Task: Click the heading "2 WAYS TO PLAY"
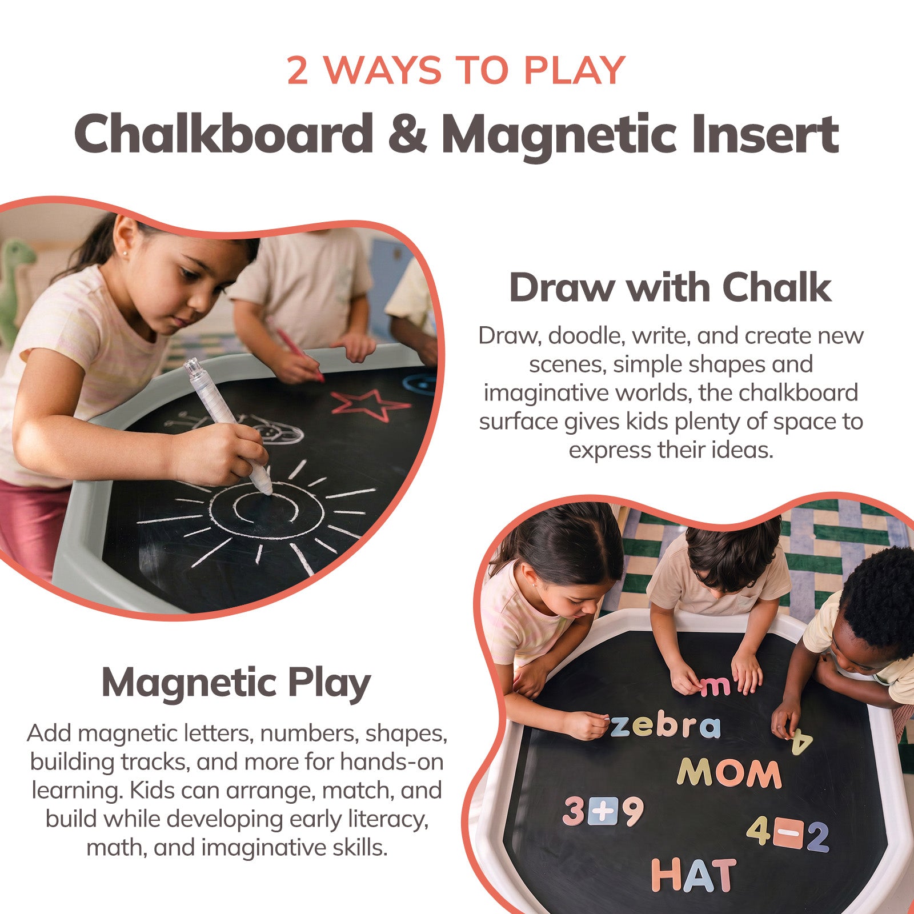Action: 456,70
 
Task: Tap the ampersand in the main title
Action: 407,134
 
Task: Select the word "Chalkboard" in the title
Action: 224,133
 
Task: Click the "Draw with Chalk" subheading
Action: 670,287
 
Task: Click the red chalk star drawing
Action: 370,404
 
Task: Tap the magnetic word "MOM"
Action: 729,773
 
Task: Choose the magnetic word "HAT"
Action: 693,875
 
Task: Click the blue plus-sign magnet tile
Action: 603,812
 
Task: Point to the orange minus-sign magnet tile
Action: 788,834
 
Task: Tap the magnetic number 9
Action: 633,811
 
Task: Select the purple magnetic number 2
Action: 817,836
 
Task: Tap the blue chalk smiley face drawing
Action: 420,383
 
